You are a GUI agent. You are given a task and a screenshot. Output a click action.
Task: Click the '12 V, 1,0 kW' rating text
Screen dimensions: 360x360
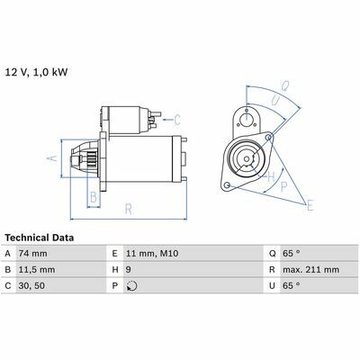coord(36,73)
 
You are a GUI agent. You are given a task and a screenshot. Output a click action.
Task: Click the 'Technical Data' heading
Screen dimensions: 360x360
coord(40,238)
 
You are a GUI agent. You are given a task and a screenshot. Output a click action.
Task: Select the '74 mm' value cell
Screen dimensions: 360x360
coord(33,254)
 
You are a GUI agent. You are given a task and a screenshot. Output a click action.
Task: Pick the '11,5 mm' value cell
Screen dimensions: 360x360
coord(37,270)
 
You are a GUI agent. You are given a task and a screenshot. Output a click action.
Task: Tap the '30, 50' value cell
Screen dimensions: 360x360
coord(31,285)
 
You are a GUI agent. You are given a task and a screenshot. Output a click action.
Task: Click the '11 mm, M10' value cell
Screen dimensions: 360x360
coord(152,254)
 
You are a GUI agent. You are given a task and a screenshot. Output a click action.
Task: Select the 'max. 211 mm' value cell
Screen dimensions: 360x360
coord(310,270)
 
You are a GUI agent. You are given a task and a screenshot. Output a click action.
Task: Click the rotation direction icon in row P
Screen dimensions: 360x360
coord(132,286)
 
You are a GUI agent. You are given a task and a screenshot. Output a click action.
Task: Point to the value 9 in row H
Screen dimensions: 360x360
coord(129,270)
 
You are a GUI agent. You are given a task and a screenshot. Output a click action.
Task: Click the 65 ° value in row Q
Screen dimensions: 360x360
coord(292,254)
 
